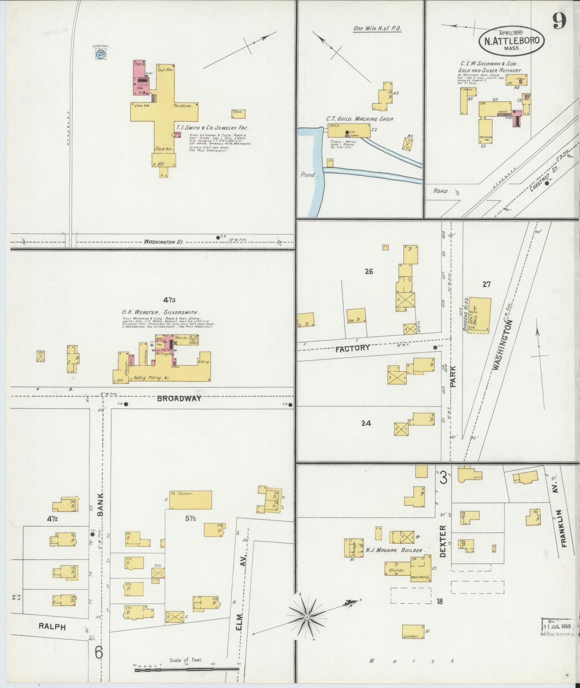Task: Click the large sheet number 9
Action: [559, 21]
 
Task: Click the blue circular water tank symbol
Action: [101, 54]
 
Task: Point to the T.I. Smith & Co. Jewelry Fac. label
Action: [212, 128]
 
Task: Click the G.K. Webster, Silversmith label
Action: [160, 312]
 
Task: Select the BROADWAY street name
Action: [179, 399]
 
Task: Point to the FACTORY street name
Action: [352, 348]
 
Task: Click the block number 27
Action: [486, 284]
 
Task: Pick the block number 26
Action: [368, 271]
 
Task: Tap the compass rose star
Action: [307, 617]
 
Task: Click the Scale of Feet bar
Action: [187, 669]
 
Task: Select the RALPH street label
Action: [52, 627]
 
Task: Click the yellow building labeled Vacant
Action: [190, 500]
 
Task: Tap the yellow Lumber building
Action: [413, 631]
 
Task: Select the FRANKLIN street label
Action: [564, 528]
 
